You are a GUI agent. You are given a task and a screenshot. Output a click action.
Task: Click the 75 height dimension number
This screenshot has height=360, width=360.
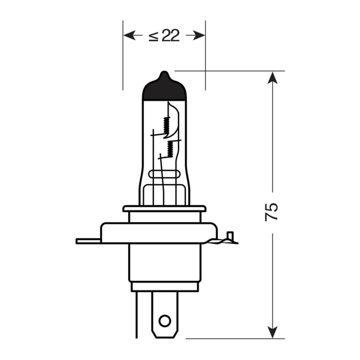coord(271,213)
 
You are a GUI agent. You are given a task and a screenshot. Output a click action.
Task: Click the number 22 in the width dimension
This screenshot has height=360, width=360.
coord(170,35)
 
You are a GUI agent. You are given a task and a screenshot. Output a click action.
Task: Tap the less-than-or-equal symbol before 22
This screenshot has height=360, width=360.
coord(154,36)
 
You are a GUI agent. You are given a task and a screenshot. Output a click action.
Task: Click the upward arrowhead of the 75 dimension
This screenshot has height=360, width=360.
coord(272,78)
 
